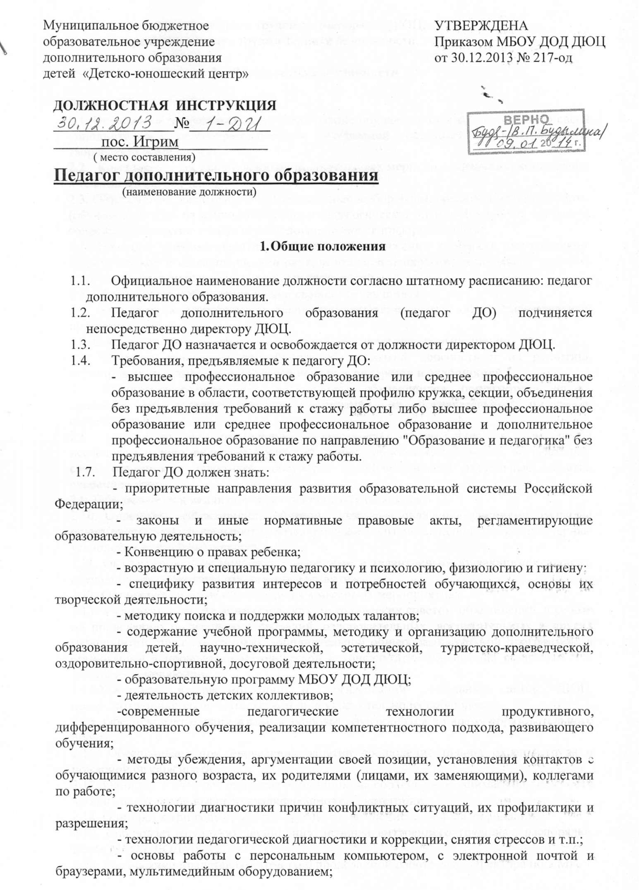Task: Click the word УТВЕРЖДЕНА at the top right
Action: pos(481,26)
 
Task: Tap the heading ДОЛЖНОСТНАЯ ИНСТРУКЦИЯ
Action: pos(165,105)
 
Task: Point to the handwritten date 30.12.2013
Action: pos(104,123)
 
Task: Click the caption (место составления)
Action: pos(144,157)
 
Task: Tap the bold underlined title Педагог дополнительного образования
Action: pos(216,175)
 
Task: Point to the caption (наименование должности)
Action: pos(189,192)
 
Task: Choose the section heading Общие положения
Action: pos(328,247)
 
